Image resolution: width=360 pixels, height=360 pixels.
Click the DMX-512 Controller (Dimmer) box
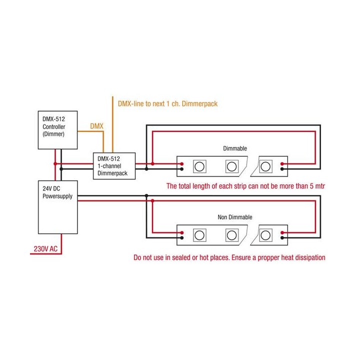click(x=58, y=129)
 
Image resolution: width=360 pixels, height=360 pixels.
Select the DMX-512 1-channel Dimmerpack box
click(x=114, y=166)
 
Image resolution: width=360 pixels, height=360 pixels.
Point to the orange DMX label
click(x=96, y=126)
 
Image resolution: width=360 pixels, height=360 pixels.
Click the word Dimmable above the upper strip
click(x=234, y=148)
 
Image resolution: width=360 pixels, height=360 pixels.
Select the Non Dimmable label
click(x=235, y=217)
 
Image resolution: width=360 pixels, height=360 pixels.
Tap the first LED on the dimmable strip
click(x=201, y=165)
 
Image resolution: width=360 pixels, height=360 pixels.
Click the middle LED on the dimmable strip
click(x=231, y=165)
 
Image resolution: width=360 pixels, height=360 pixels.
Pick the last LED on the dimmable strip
click(x=266, y=165)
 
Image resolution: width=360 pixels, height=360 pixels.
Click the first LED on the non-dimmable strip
click(x=201, y=234)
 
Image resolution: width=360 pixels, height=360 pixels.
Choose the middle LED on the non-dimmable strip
click(x=231, y=234)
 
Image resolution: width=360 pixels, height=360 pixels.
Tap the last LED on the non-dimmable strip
click(x=266, y=234)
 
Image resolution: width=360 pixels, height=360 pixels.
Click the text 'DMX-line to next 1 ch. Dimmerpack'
click(x=167, y=104)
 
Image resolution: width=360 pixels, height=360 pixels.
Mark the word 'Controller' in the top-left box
click(x=54, y=127)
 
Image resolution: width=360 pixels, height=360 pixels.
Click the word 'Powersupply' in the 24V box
click(x=57, y=196)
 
